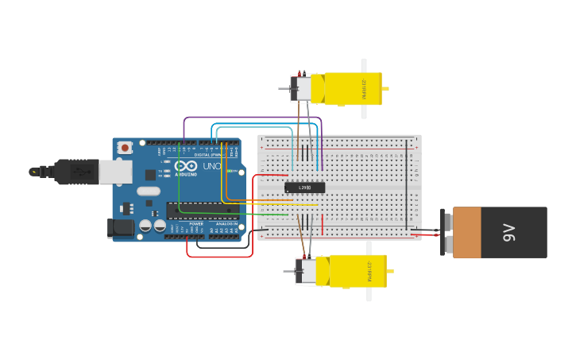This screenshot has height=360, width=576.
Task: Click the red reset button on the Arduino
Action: (x=125, y=148)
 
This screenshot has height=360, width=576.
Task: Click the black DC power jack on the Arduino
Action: (x=121, y=228)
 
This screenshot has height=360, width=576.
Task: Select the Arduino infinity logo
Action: (x=186, y=166)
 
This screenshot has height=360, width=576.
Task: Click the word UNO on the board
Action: (x=211, y=166)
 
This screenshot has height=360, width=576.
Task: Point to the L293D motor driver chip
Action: (x=305, y=188)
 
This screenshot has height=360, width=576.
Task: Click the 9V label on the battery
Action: (x=508, y=232)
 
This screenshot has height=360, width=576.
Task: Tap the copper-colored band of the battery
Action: (x=466, y=232)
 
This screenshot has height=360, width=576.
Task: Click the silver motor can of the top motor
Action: (x=302, y=88)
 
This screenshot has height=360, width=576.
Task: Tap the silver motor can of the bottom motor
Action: (x=306, y=271)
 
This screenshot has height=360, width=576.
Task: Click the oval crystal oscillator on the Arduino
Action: (x=149, y=191)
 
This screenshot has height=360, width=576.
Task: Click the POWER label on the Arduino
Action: (x=195, y=224)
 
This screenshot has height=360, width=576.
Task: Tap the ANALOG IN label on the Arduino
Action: (x=226, y=224)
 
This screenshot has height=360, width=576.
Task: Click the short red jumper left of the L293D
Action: (x=272, y=175)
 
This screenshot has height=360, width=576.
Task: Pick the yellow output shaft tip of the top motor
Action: (x=385, y=89)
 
